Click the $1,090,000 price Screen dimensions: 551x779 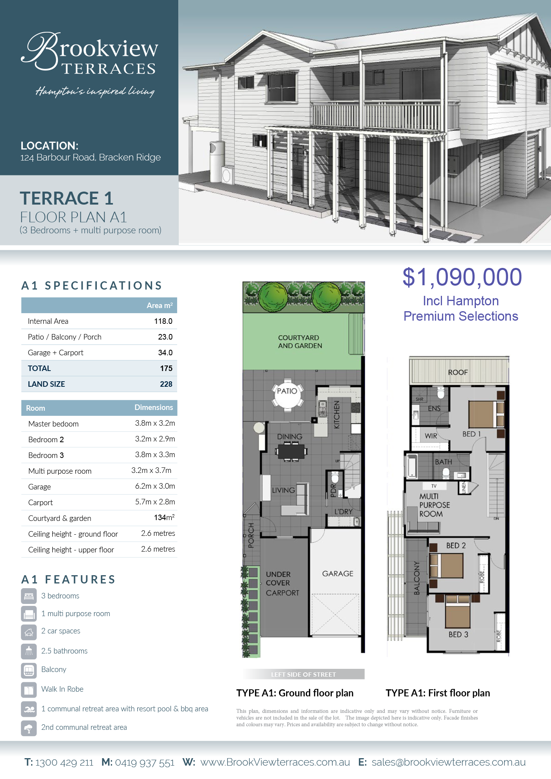coord(462,277)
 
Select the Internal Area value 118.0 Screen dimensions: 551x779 coord(163,321)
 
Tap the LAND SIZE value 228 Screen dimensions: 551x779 coord(166,384)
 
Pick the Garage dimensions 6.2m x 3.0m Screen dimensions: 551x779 coord(155,486)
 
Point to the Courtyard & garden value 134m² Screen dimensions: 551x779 coord(164,517)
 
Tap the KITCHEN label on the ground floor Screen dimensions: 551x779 coord(337,415)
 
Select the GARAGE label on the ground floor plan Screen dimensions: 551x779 coord(338,574)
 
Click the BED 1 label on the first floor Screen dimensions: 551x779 coord(471,434)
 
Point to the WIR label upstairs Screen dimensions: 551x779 coord(431,436)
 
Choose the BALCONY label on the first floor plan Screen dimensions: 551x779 coord(417,578)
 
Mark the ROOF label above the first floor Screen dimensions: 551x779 coord(458,372)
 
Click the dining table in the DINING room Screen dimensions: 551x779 coord(291,451)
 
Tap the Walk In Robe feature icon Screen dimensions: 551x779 coord(29,689)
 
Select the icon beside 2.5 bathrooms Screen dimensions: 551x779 coord(29,651)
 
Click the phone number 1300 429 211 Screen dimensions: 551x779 coord(64,762)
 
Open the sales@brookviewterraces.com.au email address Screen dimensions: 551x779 coord(449,762)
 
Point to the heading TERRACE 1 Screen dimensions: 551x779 coord(67,198)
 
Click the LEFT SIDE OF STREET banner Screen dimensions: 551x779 coord(303,674)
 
